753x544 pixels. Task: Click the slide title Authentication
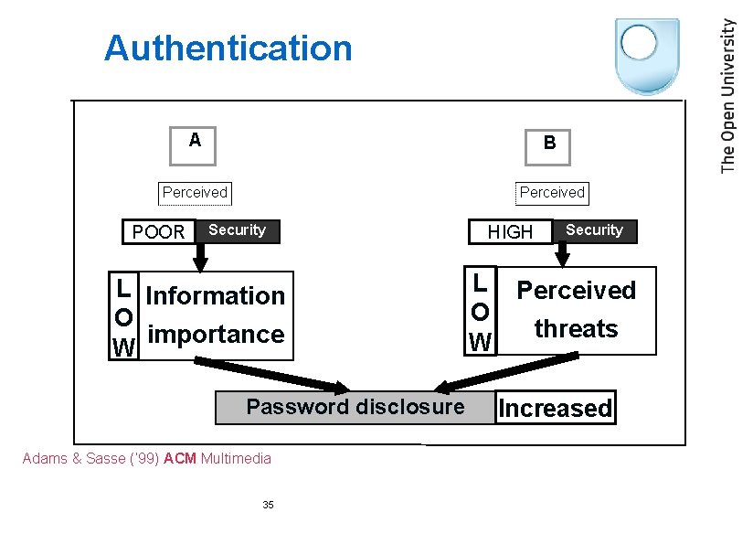[x=228, y=48]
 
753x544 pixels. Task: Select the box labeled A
[x=194, y=144]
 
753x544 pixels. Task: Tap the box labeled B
[x=548, y=144]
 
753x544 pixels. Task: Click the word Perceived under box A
[x=194, y=192]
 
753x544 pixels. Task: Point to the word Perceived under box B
[x=551, y=192]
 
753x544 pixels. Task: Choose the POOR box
[x=158, y=232]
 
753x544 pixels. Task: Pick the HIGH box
[x=510, y=232]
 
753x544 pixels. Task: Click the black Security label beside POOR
[x=237, y=230]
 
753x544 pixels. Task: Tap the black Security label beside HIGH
[x=594, y=230]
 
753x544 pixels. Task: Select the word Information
[x=216, y=296]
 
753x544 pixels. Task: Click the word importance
[x=216, y=335]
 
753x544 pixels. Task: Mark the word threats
[x=576, y=329]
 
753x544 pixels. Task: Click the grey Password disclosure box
[x=355, y=407]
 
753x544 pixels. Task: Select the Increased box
[x=555, y=408]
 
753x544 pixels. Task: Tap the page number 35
[x=268, y=505]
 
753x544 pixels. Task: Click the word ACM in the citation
[x=180, y=458]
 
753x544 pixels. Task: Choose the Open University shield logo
[x=647, y=55]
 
